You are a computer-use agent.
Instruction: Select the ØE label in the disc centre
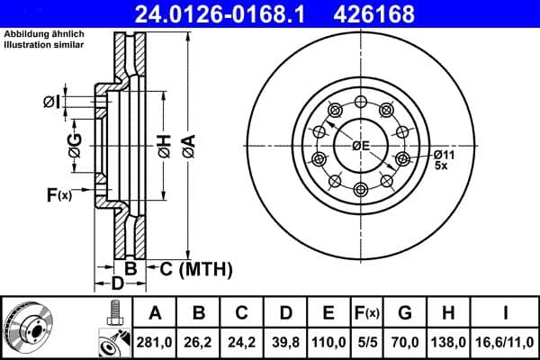click(x=362, y=146)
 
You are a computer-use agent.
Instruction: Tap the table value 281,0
click(x=155, y=341)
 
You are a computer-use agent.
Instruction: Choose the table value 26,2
click(x=199, y=341)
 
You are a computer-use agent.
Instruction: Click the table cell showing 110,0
click(x=328, y=341)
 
